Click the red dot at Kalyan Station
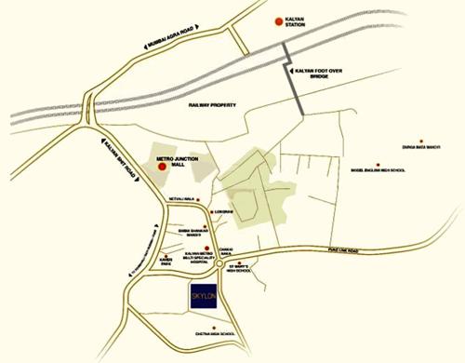pyautogui.click(x=277, y=20)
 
